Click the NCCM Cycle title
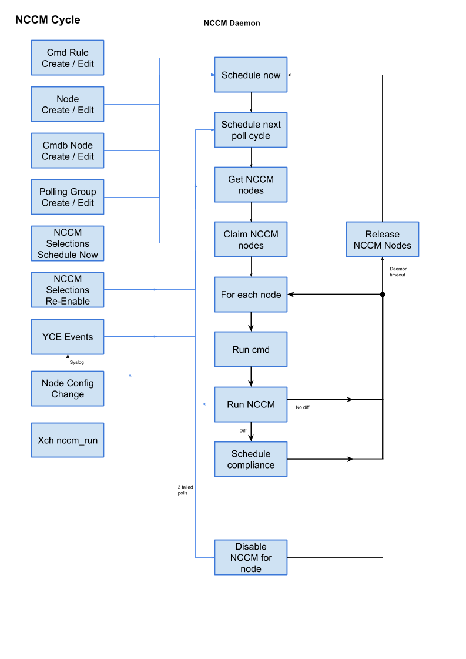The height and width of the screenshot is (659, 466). tap(48, 20)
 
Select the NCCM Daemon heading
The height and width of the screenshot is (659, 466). tap(232, 24)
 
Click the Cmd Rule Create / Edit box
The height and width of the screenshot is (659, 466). tap(68, 58)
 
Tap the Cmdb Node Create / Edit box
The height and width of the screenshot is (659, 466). tap(68, 151)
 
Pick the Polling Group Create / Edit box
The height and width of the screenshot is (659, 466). tap(68, 198)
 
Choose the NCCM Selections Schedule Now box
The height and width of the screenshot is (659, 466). tap(68, 243)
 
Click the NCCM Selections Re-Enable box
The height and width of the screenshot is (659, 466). tap(68, 290)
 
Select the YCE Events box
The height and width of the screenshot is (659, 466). tap(68, 337)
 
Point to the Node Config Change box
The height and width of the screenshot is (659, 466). tap(68, 389)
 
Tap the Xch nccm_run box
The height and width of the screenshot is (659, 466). tap(68, 439)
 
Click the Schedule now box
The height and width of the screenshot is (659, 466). tap(251, 75)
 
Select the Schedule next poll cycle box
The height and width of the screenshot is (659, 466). tap(251, 130)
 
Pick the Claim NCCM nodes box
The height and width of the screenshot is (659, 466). tap(251, 240)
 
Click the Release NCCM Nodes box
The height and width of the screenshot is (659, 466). tap(383, 240)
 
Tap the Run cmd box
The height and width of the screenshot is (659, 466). tap(251, 350)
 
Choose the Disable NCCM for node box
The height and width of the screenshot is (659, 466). tap(251, 558)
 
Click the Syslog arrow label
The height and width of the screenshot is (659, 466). tap(77, 362)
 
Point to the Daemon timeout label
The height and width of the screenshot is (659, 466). tap(398, 272)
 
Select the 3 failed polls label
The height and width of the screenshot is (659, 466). tap(185, 490)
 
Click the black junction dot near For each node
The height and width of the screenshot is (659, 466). tap(383, 294)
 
